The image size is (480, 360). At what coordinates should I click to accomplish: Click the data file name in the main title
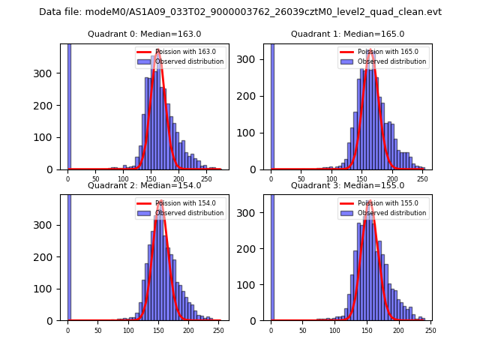(x=240, y=12)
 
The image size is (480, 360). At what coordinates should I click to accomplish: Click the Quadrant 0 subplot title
(x=145, y=34)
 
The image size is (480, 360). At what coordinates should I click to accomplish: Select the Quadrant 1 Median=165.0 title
(x=347, y=34)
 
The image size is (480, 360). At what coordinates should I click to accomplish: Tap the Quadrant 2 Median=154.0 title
(x=145, y=185)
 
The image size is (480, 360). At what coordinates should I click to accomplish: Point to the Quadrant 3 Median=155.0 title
(x=347, y=185)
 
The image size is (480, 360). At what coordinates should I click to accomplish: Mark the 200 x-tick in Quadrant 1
(x=392, y=178)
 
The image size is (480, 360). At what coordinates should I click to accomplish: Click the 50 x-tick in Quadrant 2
(x=97, y=330)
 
